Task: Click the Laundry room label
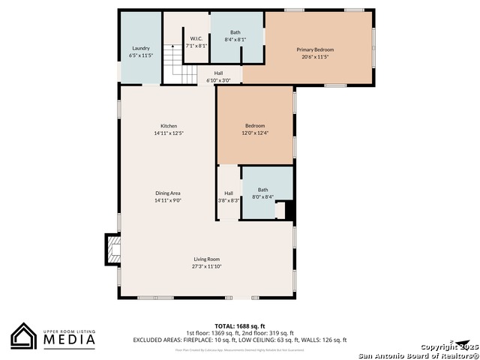coord(141,48)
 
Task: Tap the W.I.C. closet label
coord(196,38)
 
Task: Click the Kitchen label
coord(169,125)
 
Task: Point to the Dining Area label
coord(168,193)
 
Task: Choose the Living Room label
coord(207,259)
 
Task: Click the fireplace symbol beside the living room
coord(112,249)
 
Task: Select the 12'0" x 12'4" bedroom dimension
coord(255,133)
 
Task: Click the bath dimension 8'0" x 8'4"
coord(262,197)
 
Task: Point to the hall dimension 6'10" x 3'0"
coord(218,80)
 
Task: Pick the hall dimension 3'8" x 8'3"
coord(229,200)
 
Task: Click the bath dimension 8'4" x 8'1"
coord(235,40)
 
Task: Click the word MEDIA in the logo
coord(68,340)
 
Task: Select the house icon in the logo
coord(24,336)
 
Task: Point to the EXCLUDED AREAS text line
coord(240,340)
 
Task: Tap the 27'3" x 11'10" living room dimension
coord(207,266)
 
